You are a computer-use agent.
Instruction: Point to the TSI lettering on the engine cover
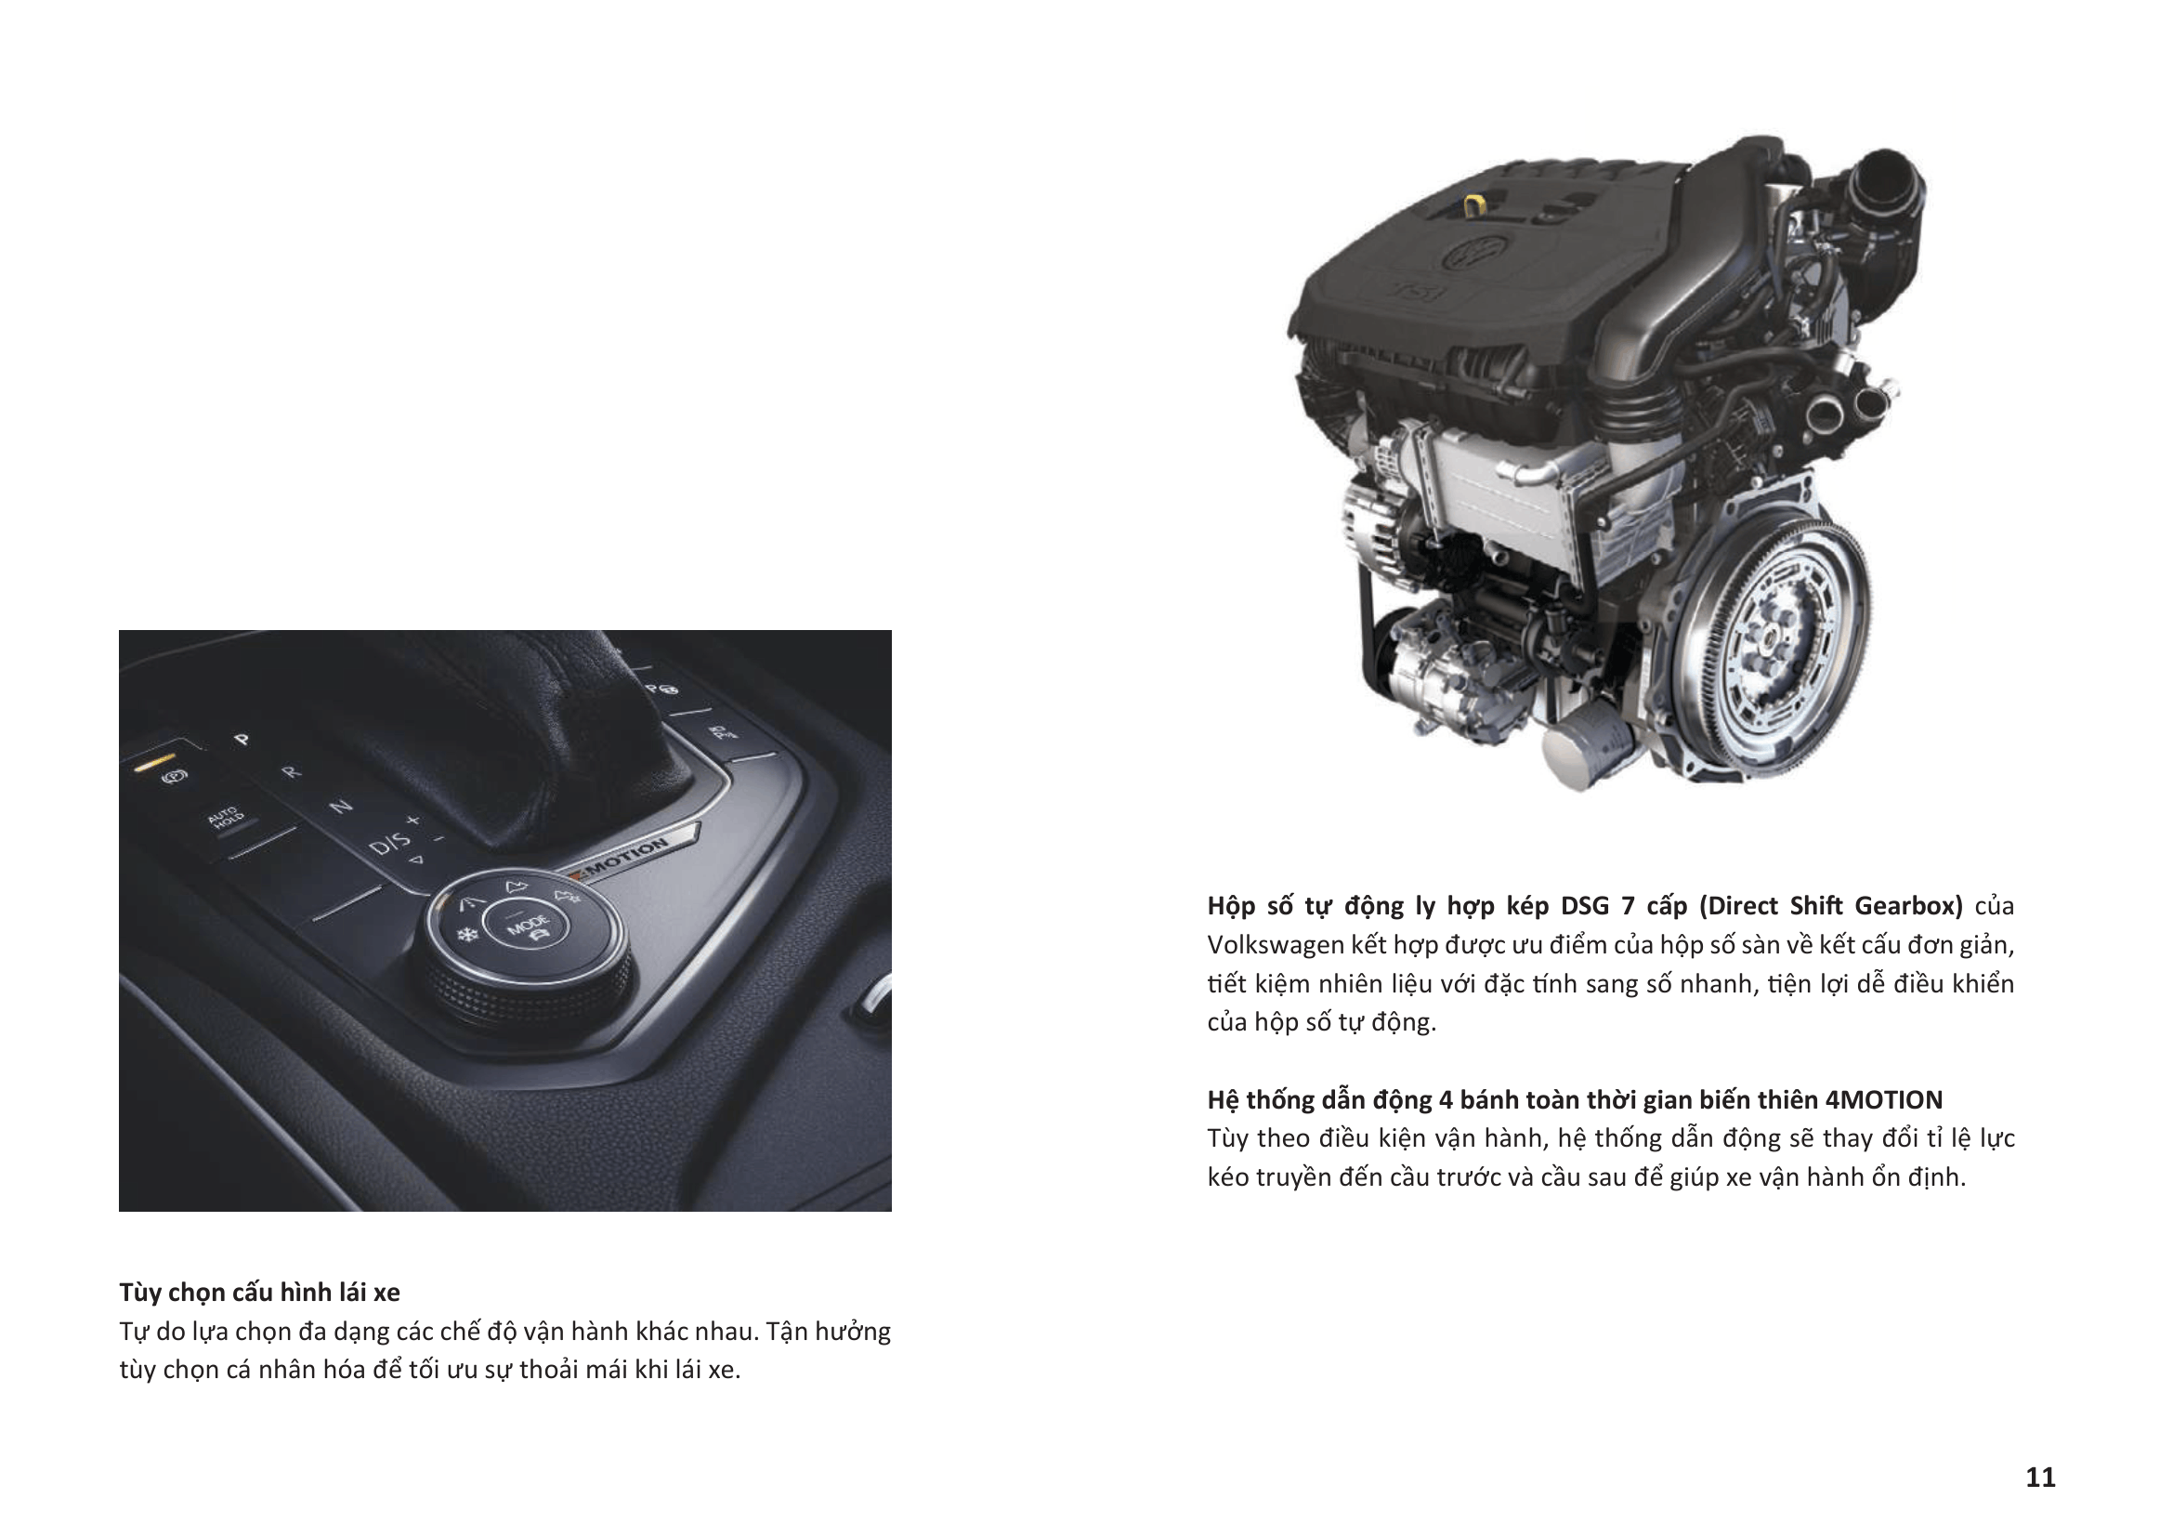[1422, 290]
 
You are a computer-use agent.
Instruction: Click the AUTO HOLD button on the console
[225, 817]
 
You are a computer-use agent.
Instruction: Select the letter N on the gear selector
[341, 807]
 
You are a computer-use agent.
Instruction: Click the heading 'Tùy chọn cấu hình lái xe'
[259, 1292]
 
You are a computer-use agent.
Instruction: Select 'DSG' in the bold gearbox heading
[1584, 906]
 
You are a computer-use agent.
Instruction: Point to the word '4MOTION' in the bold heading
[1883, 1099]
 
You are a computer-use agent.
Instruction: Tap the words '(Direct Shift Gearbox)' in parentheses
[1830, 907]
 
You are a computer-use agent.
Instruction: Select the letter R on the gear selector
[291, 771]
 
